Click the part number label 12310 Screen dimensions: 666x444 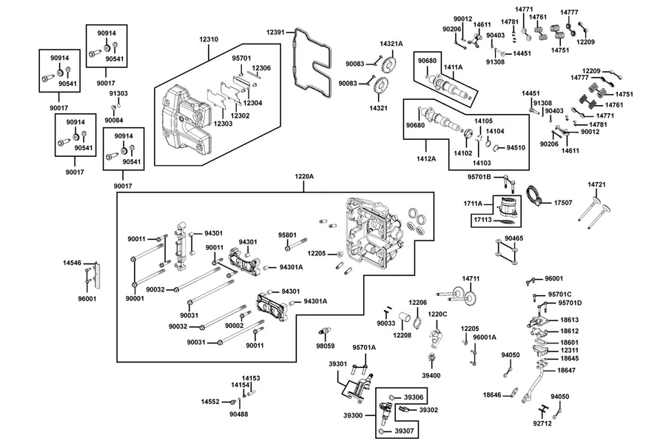tap(209, 39)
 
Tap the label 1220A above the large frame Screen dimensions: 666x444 tap(304, 176)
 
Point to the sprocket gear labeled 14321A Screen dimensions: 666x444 tap(388, 64)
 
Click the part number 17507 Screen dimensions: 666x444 tap(563, 203)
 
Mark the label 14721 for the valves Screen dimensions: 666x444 tap(596, 185)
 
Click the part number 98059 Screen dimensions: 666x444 tap(326, 346)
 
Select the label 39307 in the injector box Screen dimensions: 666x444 tap(404, 431)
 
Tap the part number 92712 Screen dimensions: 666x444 tap(542, 423)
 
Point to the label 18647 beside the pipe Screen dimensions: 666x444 tap(566, 371)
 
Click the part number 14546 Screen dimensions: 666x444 tap(73, 263)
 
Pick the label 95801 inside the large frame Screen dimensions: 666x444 tap(287, 235)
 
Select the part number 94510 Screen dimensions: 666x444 tap(516, 148)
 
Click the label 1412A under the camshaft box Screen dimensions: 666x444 tap(426, 159)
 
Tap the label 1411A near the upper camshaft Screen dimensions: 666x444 tap(453, 67)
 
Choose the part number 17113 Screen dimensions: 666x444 tap(483, 220)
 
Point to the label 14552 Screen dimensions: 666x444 tap(210, 402)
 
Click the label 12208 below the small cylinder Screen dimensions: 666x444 tap(402, 336)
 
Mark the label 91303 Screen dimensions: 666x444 tap(118, 93)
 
